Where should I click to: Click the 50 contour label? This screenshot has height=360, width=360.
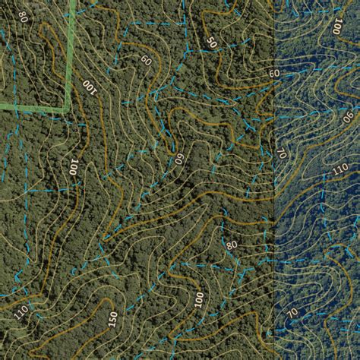(210, 43)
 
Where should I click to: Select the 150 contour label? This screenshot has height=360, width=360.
(113, 320)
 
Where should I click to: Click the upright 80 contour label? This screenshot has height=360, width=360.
(231, 246)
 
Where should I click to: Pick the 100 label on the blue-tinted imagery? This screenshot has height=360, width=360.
(336, 28)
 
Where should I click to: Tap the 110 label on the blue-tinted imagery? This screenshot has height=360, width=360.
(340, 169)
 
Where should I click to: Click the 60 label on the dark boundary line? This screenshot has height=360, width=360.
(273, 74)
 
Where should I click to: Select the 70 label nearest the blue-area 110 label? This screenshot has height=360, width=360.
(282, 154)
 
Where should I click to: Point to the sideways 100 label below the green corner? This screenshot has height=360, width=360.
(74, 167)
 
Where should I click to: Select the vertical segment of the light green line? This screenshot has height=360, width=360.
(72, 46)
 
